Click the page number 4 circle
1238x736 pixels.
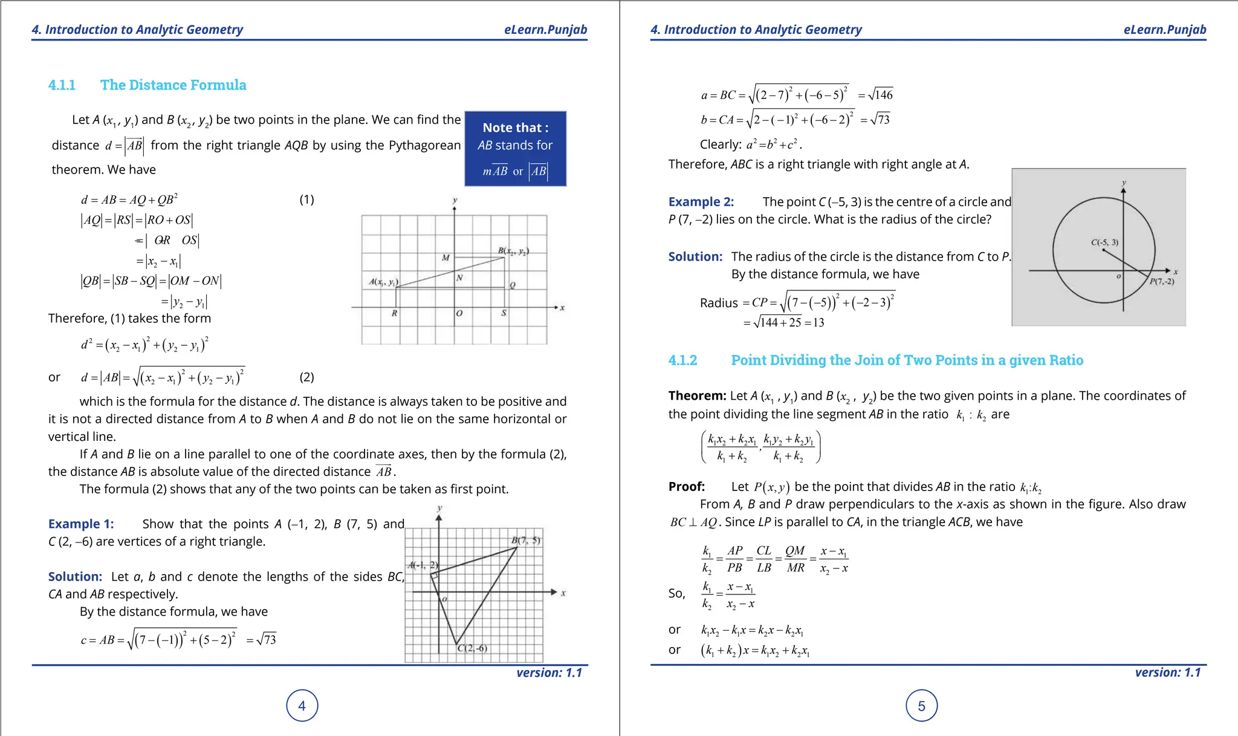click(302, 706)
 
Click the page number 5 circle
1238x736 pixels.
click(921, 706)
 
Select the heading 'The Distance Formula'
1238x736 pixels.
click(173, 85)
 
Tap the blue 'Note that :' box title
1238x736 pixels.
click(515, 128)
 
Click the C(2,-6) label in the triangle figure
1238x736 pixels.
click(472, 648)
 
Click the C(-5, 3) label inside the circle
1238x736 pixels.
click(1104, 243)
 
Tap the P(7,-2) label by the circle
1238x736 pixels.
click(1162, 282)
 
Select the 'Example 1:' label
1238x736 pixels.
click(81, 524)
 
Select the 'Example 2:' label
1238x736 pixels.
click(701, 202)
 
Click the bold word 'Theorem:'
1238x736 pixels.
click(696, 396)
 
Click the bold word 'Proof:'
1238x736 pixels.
click(686, 487)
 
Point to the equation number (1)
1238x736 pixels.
click(306, 200)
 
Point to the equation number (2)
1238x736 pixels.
click(306, 377)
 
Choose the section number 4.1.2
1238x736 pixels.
click(682, 360)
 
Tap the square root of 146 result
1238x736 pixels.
click(880, 95)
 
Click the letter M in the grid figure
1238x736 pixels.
click(446, 258)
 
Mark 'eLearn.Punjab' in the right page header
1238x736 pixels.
click(1164, 30)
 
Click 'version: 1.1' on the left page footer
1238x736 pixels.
click(549, 672)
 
